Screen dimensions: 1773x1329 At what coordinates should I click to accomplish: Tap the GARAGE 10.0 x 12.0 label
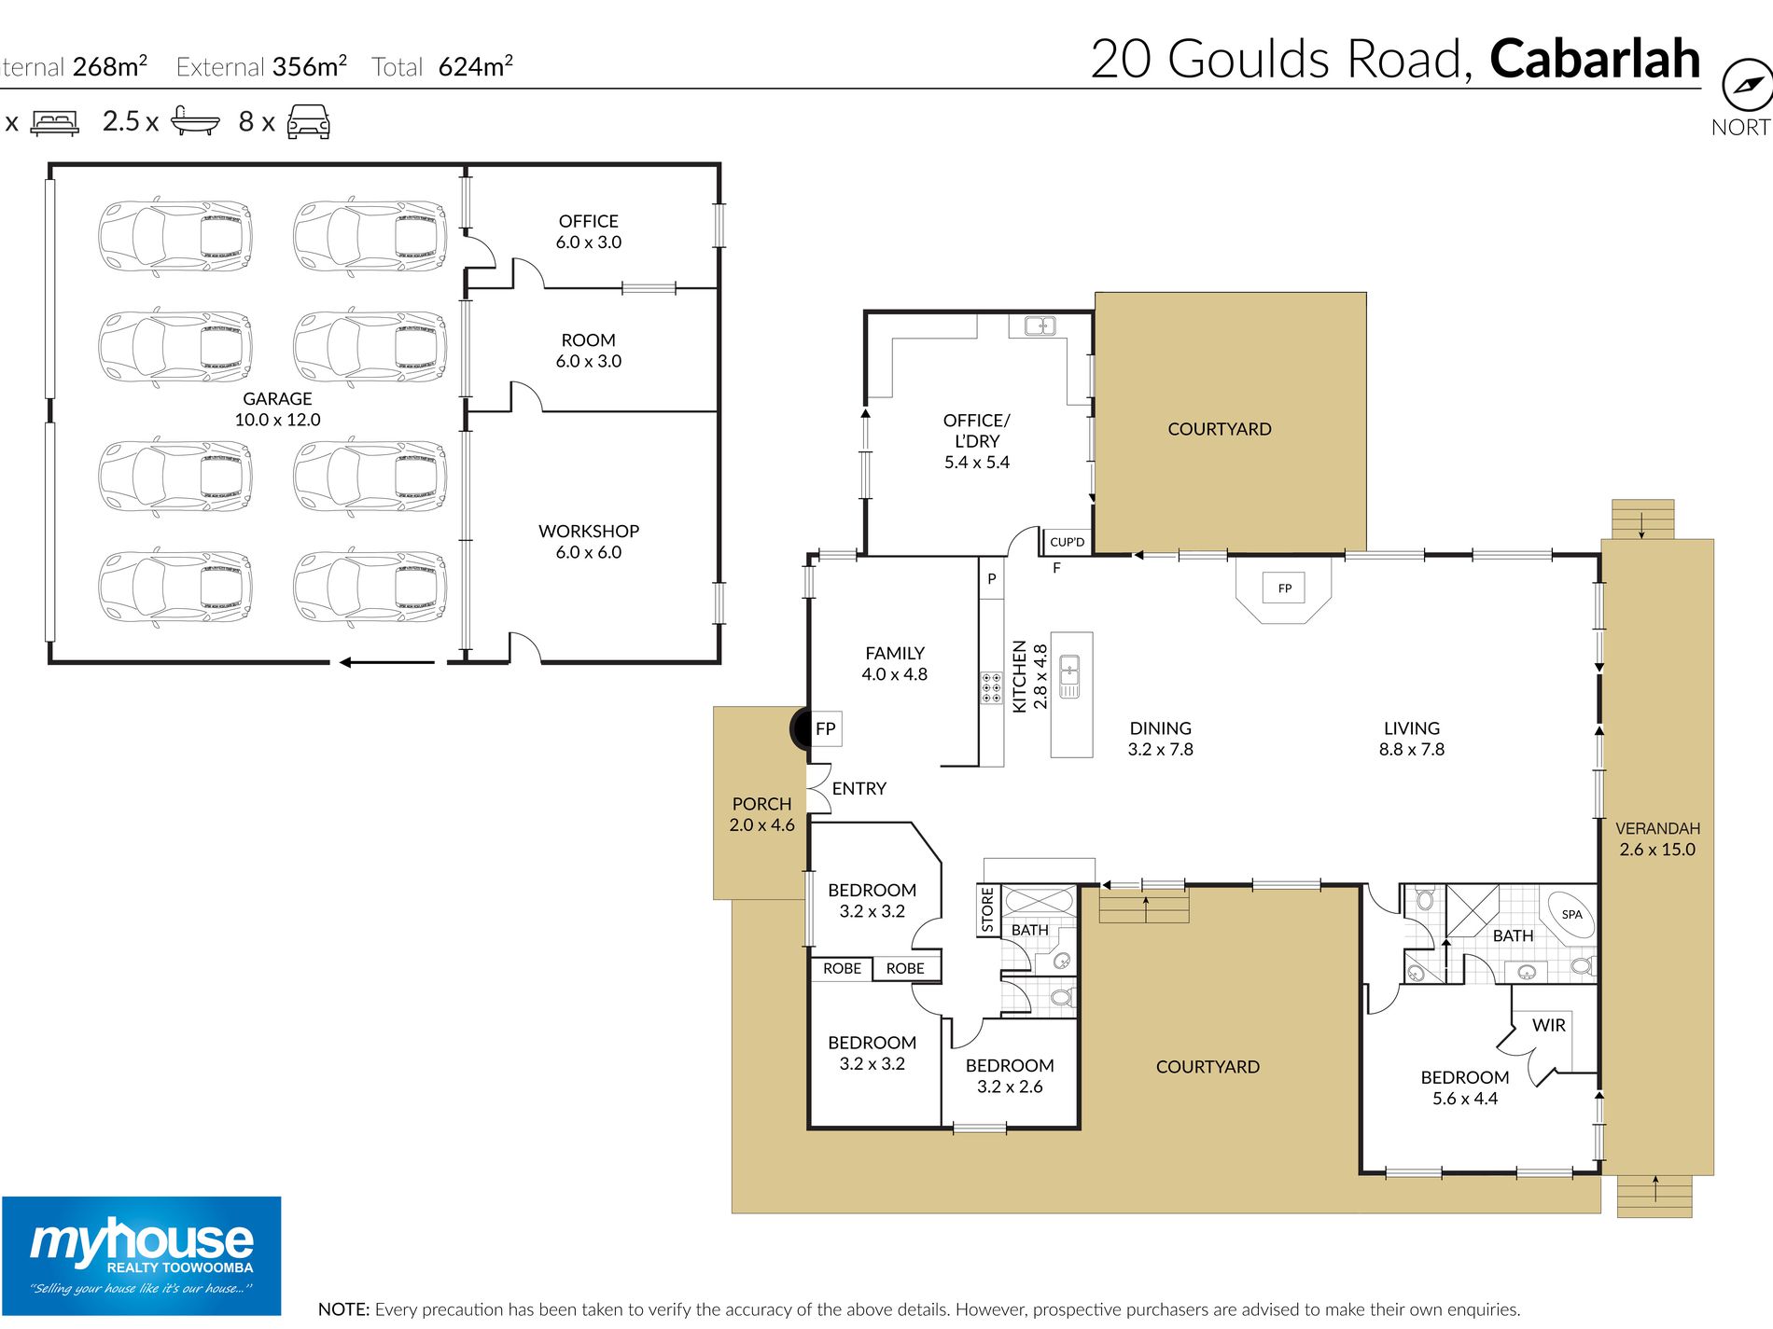tap(277, 409)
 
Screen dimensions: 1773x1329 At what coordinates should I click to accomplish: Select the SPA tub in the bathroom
tap(1571, 914)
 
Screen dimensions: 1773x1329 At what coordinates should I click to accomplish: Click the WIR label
tap(1548, 1025)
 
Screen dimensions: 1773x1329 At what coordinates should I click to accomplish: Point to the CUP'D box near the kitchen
tap(1067, 542)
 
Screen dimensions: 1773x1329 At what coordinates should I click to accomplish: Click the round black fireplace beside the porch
tap(801, 728)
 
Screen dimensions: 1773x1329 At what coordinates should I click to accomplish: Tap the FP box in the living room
tap(1284, 588)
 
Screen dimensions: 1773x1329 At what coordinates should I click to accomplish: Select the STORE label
tap(987, 909)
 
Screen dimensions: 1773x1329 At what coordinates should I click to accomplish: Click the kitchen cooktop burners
tap(991, 687)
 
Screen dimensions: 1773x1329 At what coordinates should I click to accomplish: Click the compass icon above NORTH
tap(1746, 86)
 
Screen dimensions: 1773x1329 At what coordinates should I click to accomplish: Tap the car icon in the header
tap(308, 121)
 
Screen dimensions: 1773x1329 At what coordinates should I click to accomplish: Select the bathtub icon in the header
tap(195, 121)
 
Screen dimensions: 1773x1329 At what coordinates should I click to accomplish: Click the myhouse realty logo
tap(141, 1255)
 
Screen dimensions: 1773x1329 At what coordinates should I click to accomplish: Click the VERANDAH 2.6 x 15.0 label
tap(1657, 838)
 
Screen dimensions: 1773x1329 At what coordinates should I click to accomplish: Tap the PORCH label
tap(761, 804)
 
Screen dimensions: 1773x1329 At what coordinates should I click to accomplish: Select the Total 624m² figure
tap(442, 66)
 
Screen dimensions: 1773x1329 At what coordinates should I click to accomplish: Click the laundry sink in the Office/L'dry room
tap(1040, 325)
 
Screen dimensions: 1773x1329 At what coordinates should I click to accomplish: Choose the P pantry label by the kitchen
tap(991, 578)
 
